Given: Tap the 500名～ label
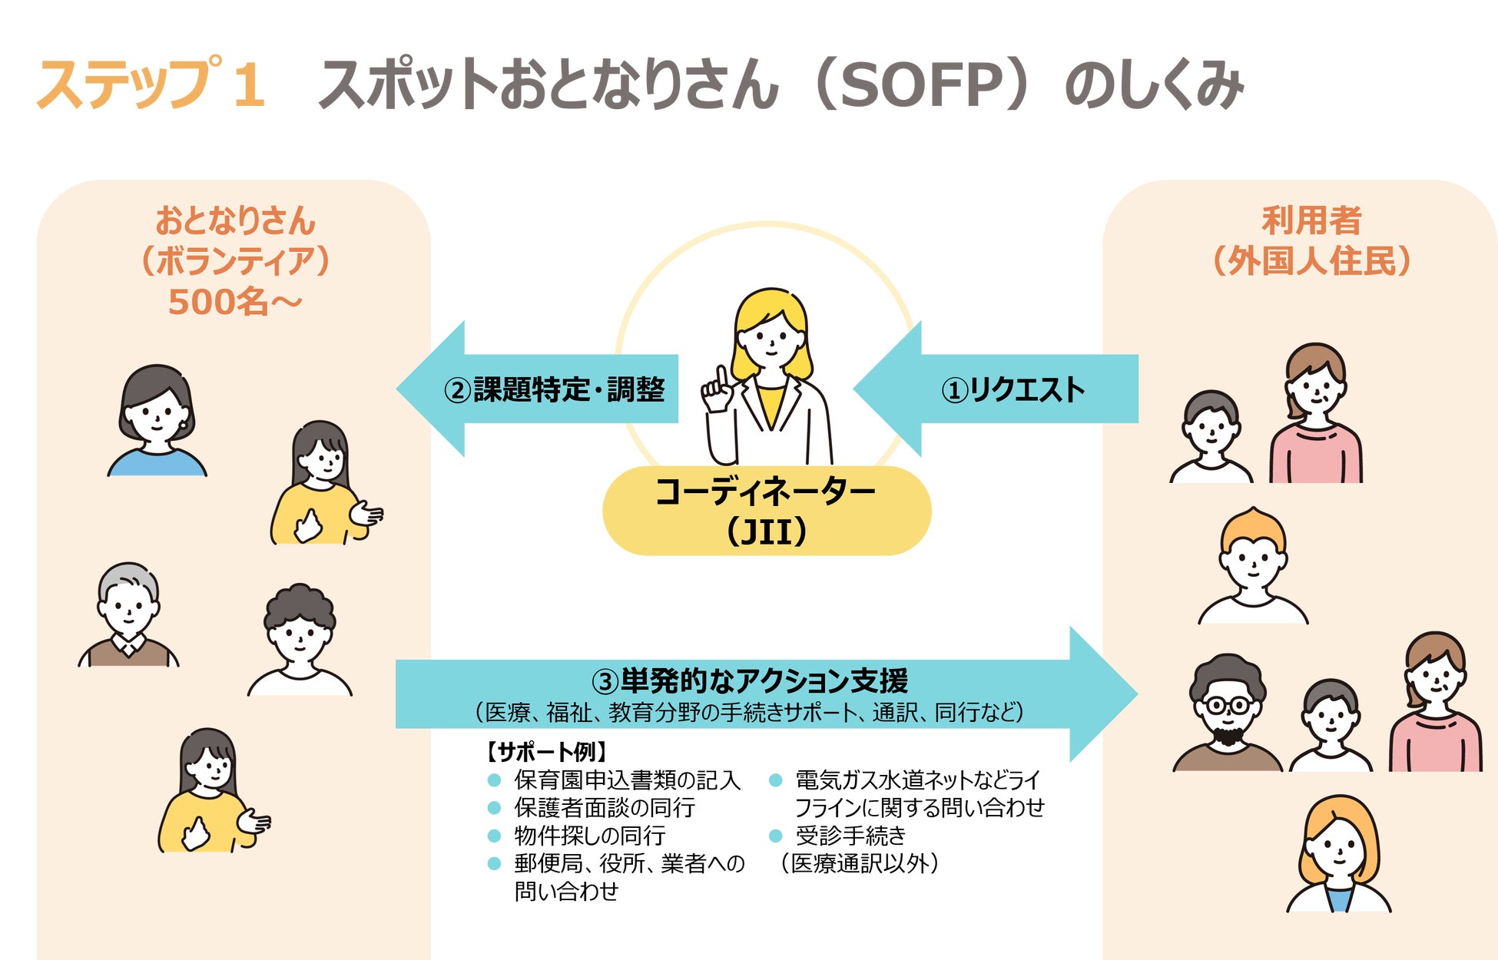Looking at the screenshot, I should [x=234, y=302].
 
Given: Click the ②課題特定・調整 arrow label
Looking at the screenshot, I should [x=554, y=389].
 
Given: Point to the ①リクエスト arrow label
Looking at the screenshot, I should [x=1012, y=389].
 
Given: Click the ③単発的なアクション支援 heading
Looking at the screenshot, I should [x=750, y=680].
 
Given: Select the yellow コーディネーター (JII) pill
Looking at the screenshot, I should [x=766, y=511].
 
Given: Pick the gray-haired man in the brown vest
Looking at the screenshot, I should [x=128, y=614].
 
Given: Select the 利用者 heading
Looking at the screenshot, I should [x=1311, y=220].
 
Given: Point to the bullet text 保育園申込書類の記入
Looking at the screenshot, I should [x=627, y=780].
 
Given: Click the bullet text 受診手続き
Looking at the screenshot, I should [x=850, y=836].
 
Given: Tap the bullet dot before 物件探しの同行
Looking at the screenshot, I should [x=495, y=836].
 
